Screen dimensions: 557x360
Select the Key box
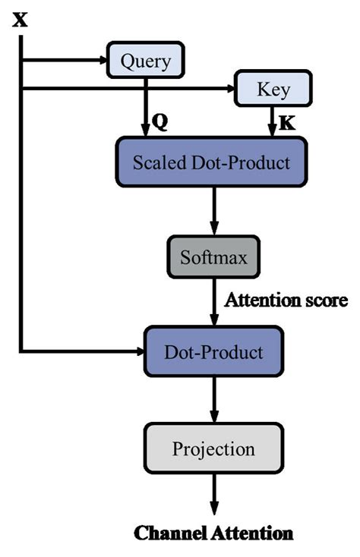(273, 90)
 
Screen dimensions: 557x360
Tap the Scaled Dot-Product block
(211, 162)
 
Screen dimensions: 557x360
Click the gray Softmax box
(214, 259)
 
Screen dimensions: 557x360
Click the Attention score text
(286, 300)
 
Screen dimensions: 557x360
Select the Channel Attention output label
(213, 533)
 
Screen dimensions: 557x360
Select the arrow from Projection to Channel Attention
(214, 495)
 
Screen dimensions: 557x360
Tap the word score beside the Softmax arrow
(324, 300)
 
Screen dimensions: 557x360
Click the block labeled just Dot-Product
(213, 352)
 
